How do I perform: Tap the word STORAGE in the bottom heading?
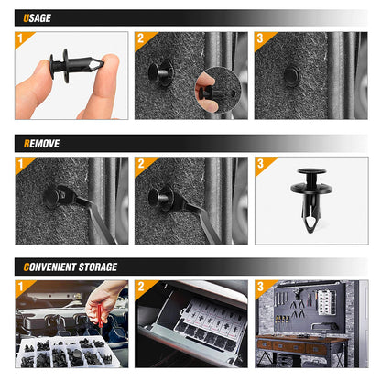pos(98,267)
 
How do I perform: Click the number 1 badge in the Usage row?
pos(21,38)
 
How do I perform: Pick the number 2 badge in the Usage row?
pos(140,38)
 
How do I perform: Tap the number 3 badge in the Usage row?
pos(260,38)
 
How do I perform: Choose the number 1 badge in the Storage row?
pos(21,287)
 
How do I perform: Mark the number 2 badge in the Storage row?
pos(140,287)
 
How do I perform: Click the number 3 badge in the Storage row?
pos(260,287)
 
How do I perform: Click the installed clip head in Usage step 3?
pos(290,75)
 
